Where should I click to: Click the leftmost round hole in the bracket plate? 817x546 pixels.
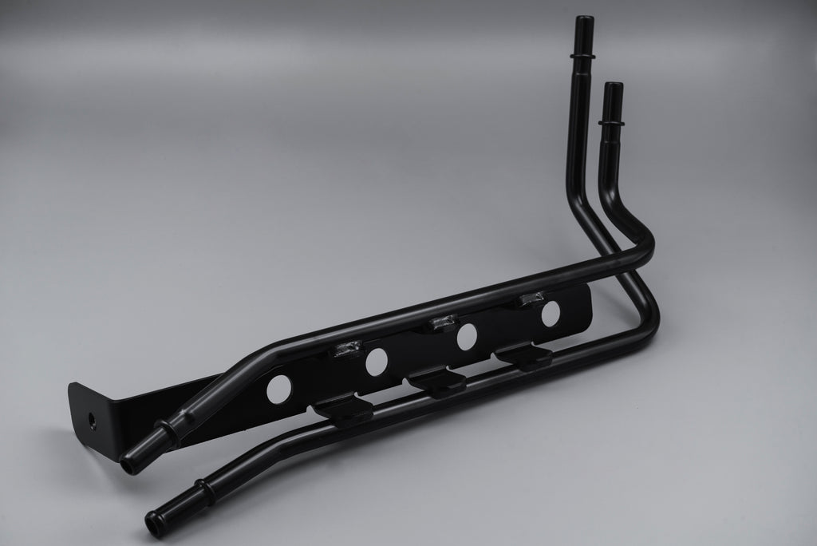click(279, 388)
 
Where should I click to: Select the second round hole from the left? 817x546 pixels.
click(376, 362)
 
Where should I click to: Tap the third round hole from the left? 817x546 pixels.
click(467, 337)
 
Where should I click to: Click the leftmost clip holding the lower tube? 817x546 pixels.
click(342, 408)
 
